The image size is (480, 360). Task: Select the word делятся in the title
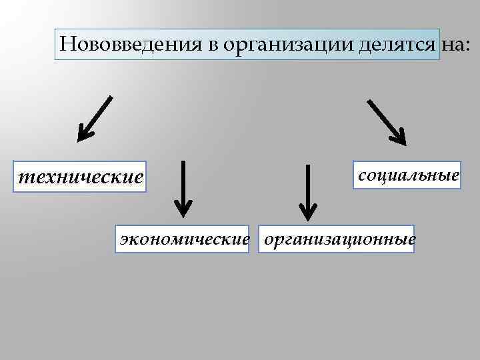(x=399, y=45)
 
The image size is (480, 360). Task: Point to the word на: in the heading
(x=455, y=45)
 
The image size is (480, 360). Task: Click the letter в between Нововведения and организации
(x=214, y=45)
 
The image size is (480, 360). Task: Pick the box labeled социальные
(x=408, y=175)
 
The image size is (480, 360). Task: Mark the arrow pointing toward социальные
(x=386, y=122)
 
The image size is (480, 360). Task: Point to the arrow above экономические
(x=183, y=188)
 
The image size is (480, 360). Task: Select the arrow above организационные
(x=307, y=191)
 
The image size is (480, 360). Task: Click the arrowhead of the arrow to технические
(x=83, y=135)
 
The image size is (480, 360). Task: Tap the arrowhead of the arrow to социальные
(x=399, y=138)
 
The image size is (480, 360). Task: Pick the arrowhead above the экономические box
(x=183, y=209)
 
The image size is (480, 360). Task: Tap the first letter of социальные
(x=362, y=177)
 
